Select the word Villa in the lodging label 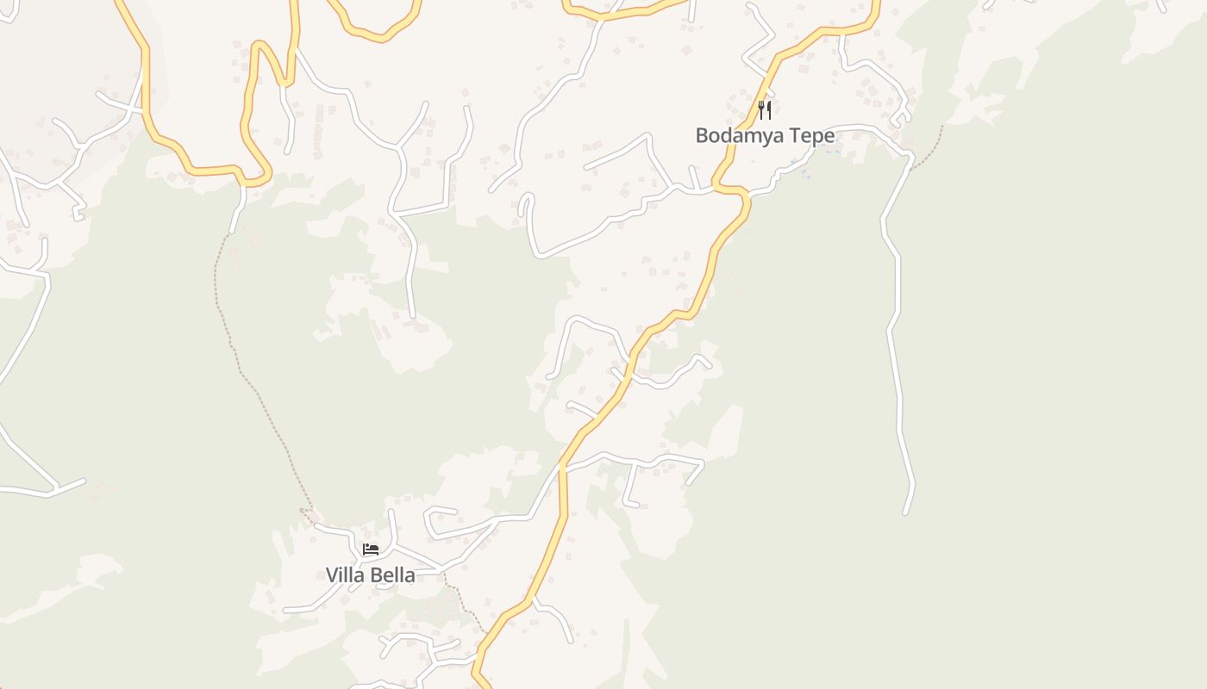[344, 575]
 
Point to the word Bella [392, 575]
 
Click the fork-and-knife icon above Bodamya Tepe [764, 110]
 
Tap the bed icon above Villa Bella [371, 549]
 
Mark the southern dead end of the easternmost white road [905, 513]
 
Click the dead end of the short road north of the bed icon [391, 512]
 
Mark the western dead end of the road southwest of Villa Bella [285, 611]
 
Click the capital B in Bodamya [702, 136]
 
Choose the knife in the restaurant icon [768, 110]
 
